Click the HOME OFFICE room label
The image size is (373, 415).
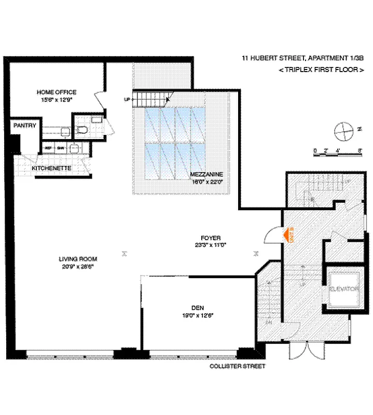(x=56, y=92)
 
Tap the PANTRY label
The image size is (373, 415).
(x=24, y=126)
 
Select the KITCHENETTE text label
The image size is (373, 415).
(x=51, y=169)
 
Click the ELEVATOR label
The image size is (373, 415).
(x=343, y=288)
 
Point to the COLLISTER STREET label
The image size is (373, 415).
(x=237, y=366)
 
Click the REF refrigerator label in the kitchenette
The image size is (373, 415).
(x=49, y=147)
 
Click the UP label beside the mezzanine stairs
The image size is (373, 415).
(x=126, y=99)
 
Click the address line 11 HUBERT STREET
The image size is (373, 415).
(x=302, y=59)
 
